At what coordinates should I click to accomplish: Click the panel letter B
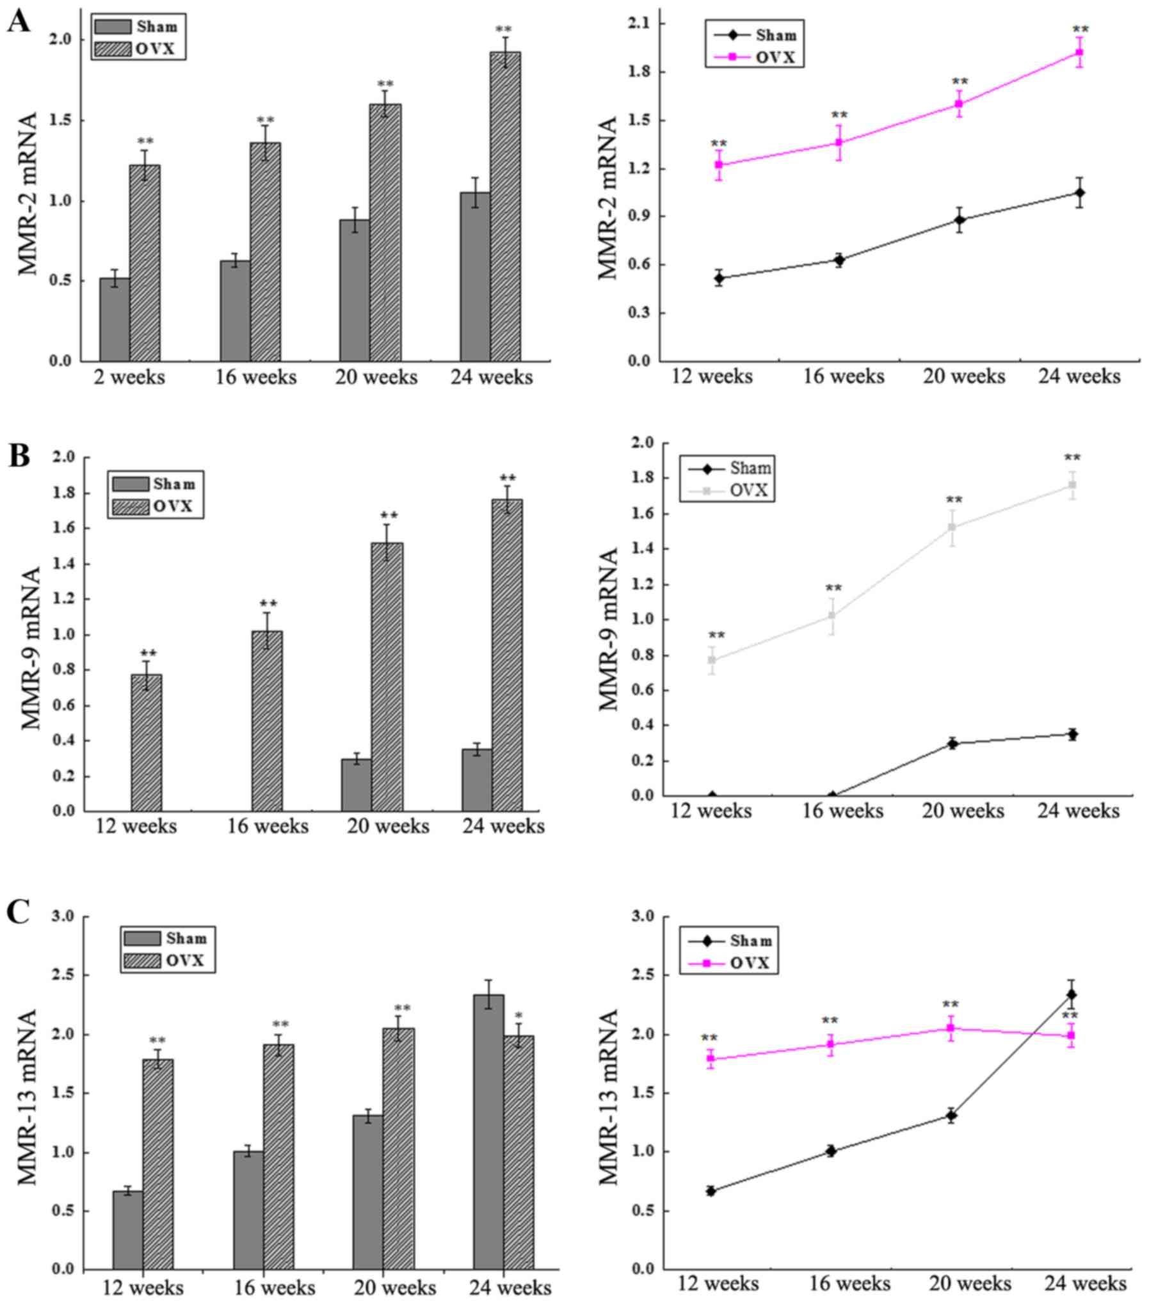coord(19,456)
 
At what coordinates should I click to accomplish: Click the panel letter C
coord(18,912)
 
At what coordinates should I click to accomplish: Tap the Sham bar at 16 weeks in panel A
coord(235,310)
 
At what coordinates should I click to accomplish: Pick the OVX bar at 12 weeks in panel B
coord(147,742)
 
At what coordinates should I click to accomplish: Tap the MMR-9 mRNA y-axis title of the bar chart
coord(30,648)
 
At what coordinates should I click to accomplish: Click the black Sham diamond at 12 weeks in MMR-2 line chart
coord(719,278)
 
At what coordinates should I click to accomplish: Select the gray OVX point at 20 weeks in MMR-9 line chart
coord(952,527)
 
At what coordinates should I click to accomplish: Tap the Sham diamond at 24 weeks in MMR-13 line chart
coord(1071,995)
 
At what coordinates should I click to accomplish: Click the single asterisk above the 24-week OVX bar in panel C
coord(518,1016)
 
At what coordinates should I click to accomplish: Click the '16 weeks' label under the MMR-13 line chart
coord(850,1284)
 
